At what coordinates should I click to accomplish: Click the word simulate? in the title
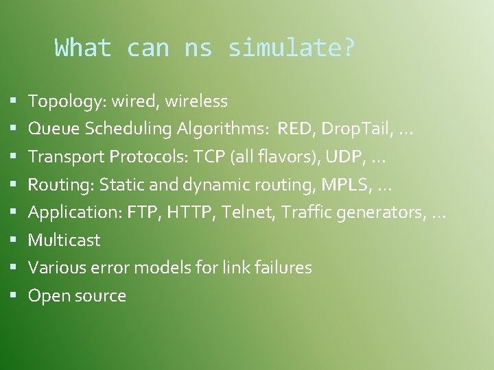[292, 49]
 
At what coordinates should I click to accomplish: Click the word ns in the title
[198, 49]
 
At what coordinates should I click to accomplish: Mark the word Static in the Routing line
[120, 185]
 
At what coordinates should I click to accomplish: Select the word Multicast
[64, 240]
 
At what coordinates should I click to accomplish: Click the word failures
[284, 267]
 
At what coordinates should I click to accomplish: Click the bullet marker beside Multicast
[13, 240]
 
